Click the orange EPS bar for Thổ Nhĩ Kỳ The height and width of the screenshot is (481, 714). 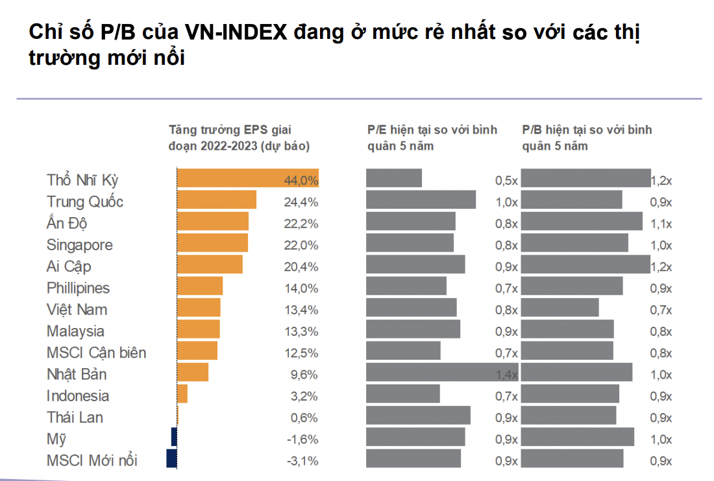click(x=247, y=178)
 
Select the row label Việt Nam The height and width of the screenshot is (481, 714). click(x=77, y=309)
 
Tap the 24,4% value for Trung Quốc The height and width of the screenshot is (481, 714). click(x=301, y=202)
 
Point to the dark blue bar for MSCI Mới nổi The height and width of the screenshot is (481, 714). click(x=171, y=458)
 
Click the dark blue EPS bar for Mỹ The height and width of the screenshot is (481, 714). click(x=174, y=437)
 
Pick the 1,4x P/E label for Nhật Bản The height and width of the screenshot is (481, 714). click(x=507, y=375)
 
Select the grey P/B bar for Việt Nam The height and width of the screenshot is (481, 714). click(x=560, y=307)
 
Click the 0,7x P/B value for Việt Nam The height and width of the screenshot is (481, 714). click(x=661, y=310)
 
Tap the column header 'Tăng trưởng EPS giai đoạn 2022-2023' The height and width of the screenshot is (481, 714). click(x=239, y=137)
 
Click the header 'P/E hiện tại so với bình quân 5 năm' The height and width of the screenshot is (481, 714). click(x=432, y=137)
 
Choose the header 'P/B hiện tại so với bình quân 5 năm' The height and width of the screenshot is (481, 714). click(x=587, y=137)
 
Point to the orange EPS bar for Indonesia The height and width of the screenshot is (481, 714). click(x=182, y=393)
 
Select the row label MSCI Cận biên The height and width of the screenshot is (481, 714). click(x=96, y=353)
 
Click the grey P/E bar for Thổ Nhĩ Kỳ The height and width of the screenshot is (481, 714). click(x=394, y=178)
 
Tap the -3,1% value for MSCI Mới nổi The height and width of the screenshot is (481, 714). click(x=302, y=461)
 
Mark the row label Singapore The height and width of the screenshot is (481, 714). click(x=79, y=245)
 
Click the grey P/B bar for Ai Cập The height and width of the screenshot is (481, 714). click(x=585, y=264)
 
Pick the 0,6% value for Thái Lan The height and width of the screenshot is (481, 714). click(x=304, y=417)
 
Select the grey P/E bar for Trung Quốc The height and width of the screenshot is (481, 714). click(x=421, y=200)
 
